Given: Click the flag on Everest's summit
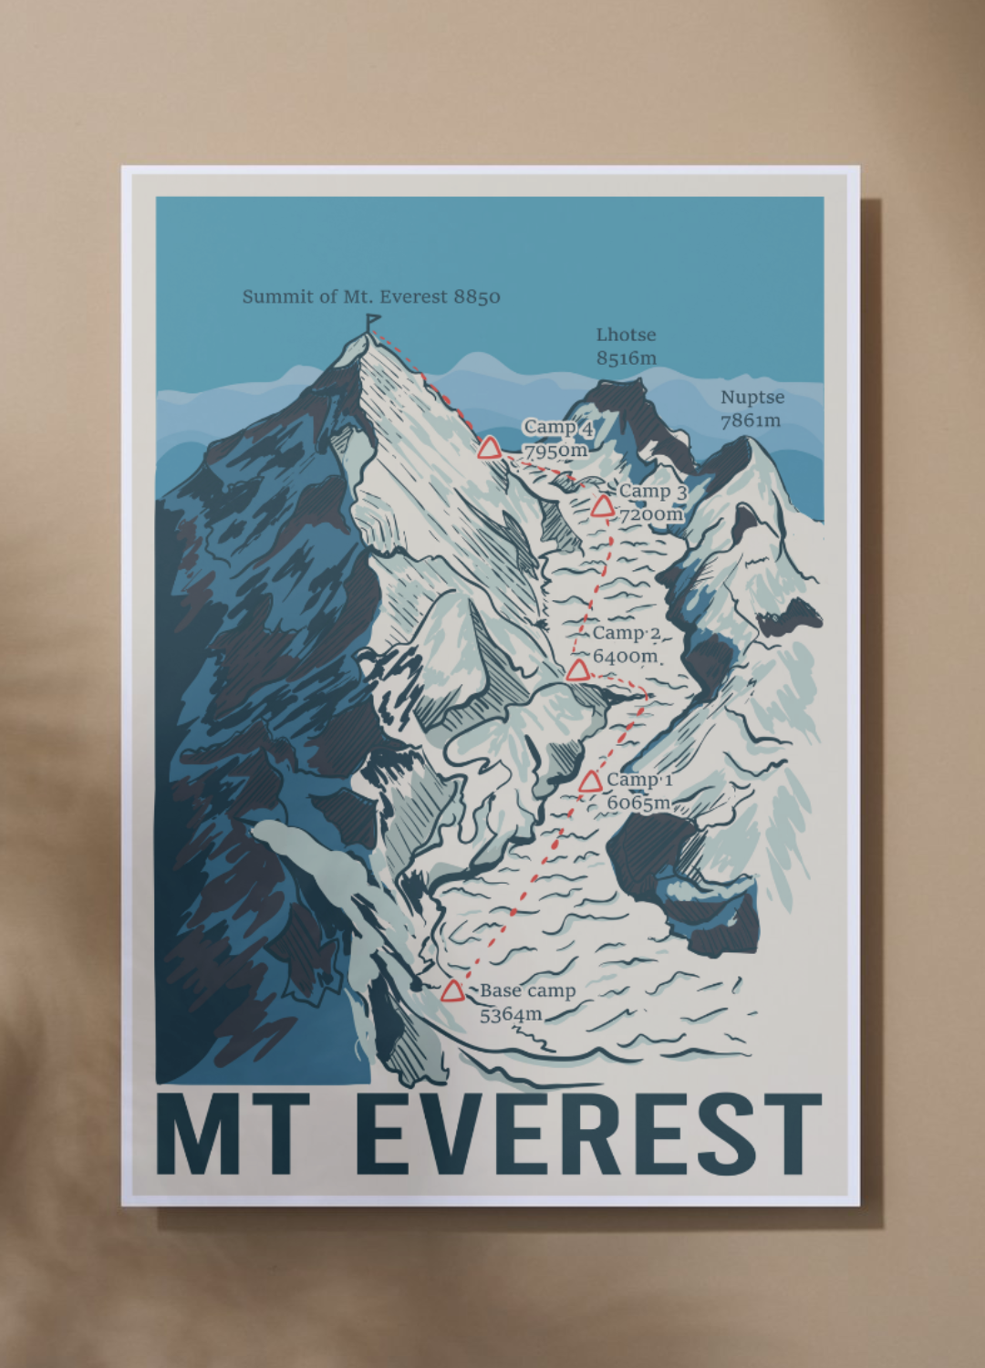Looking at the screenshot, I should [371, 322].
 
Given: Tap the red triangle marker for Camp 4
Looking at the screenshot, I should [490, 448].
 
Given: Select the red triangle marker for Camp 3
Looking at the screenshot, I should [602, 506].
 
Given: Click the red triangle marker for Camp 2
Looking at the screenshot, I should [577, 671].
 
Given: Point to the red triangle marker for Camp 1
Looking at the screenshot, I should [590, 782].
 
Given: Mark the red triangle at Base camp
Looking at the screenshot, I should [452, 991].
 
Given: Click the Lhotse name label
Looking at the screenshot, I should [626, 335].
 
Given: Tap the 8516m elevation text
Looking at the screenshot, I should [626, 358].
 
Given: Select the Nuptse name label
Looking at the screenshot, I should [752, 397].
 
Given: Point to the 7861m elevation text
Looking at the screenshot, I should [751, 420].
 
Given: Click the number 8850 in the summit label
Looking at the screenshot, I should [477, 296].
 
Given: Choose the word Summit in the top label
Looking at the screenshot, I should [273, 296].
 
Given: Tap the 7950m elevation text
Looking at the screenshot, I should [555, 451].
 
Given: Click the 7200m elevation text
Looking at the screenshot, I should [651, 514].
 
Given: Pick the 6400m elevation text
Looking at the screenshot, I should [625, 656].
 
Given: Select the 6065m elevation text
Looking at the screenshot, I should [638, 803].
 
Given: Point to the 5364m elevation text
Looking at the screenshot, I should [511, 1014].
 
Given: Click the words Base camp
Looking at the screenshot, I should [527, 990].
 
